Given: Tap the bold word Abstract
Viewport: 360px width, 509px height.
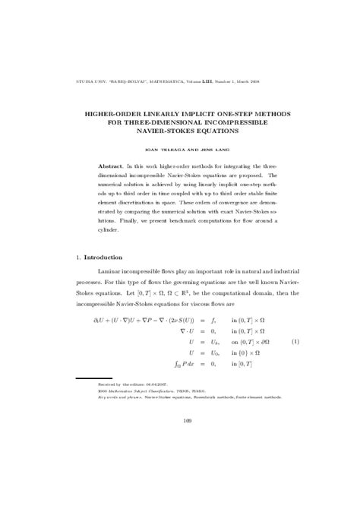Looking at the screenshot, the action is [114, 166].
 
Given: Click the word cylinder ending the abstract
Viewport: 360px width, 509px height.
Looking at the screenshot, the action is [112, 229].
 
